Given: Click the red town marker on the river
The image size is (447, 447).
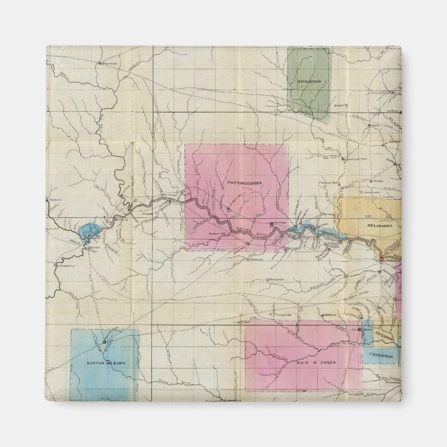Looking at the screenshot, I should [x=380, y=258].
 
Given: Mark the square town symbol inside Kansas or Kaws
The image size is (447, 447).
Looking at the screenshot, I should [x=105, y=342].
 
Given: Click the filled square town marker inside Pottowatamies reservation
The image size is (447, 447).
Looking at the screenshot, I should [x=271, y=224].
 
